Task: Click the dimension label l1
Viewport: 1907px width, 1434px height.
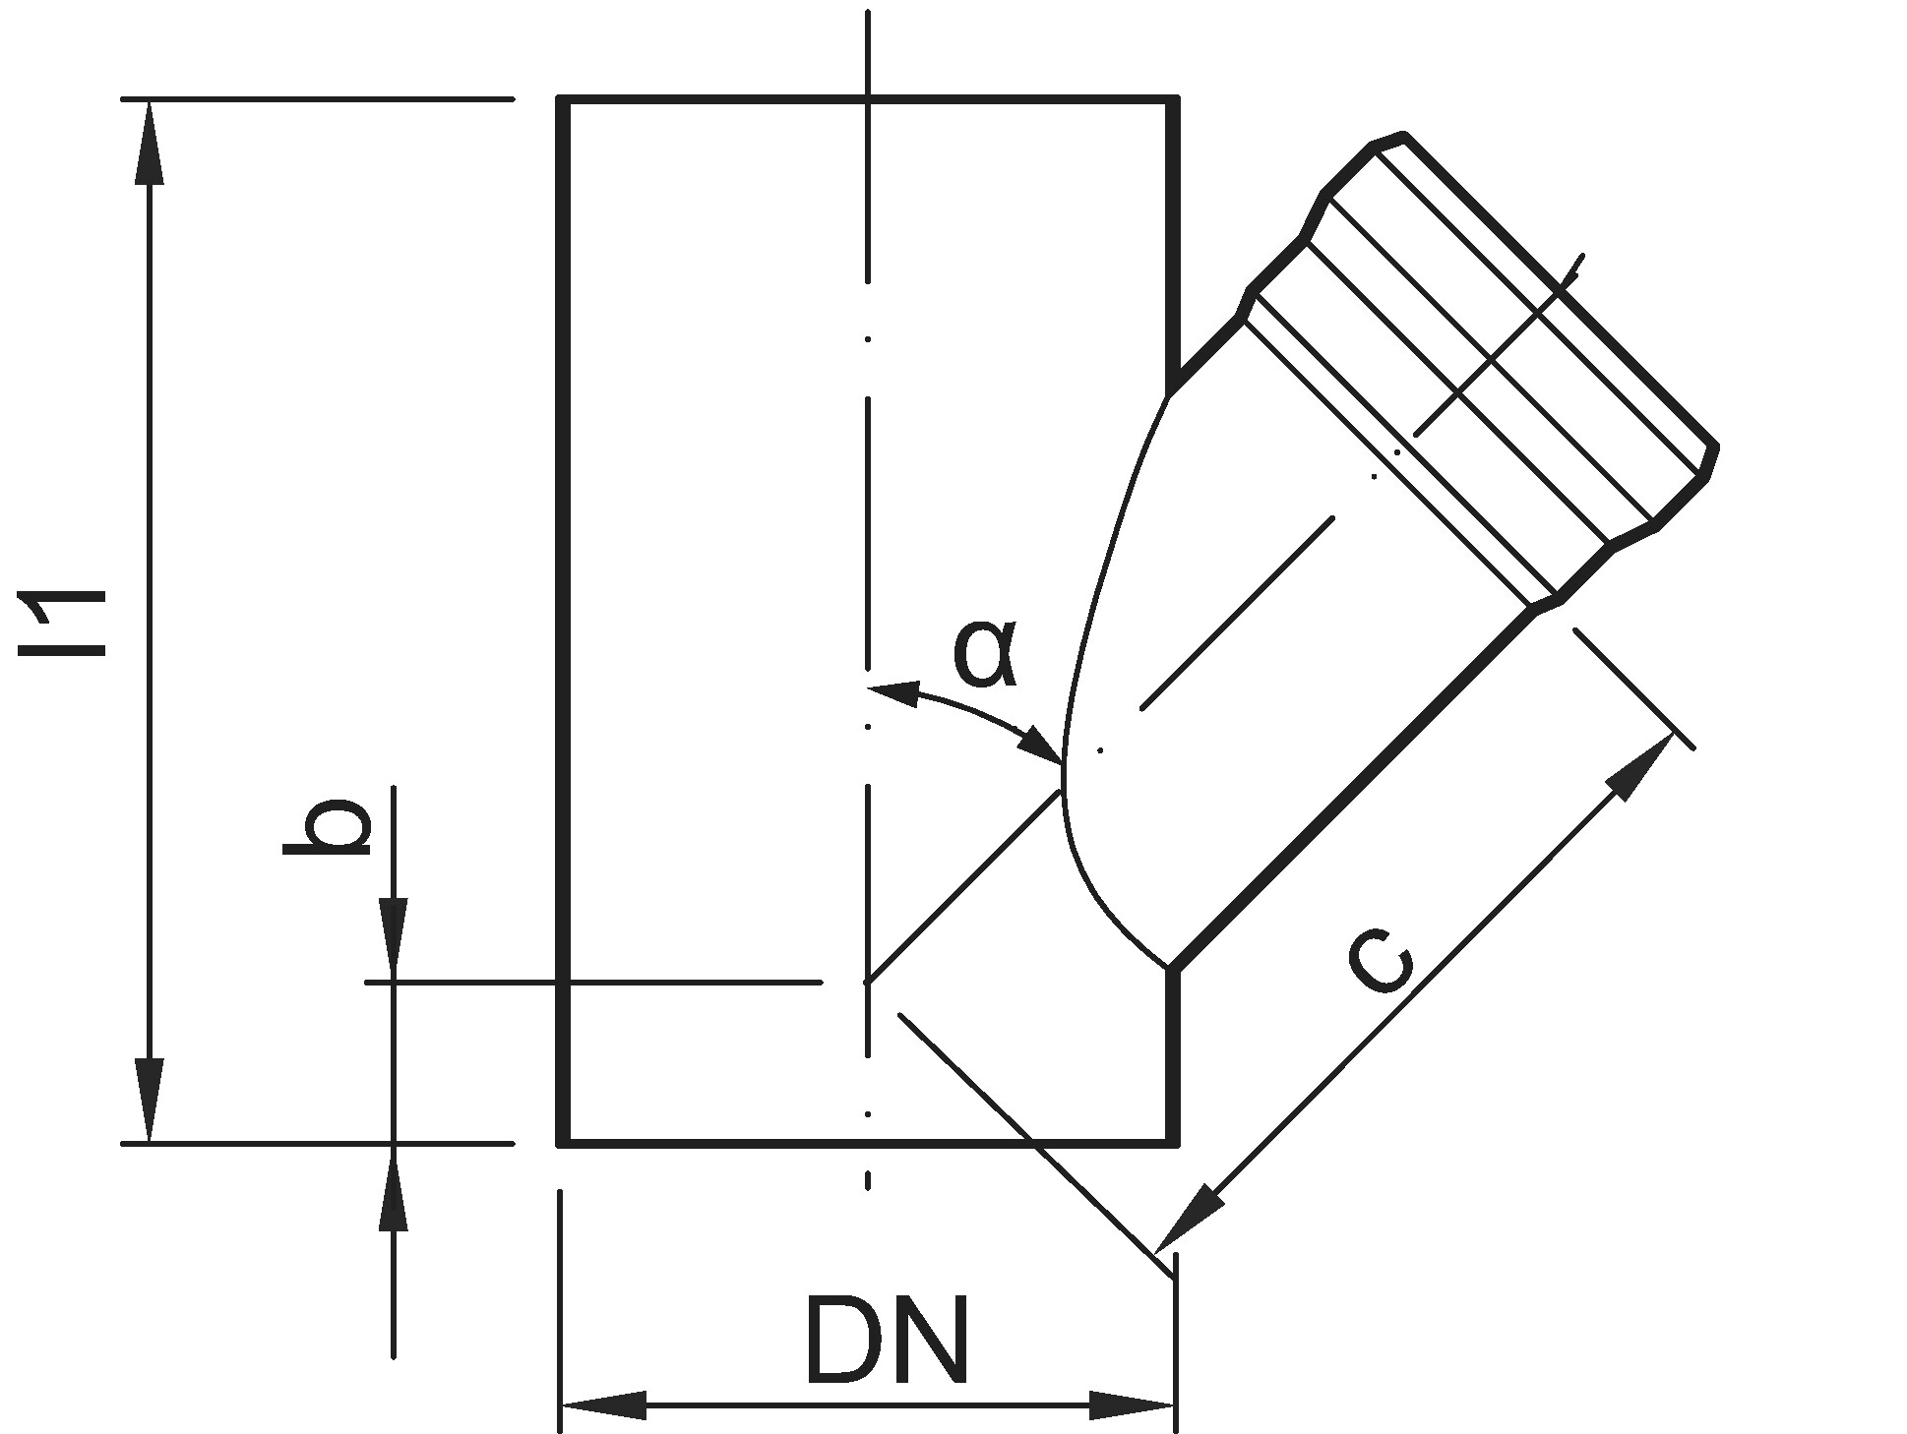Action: (65, 623)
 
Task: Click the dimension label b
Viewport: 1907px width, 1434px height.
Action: (329, 826)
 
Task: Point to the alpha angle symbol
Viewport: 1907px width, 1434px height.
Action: (984, 653)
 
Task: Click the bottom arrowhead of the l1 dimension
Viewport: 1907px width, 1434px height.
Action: (150, 1102)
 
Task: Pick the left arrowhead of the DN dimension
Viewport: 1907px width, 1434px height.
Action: (602, 1404)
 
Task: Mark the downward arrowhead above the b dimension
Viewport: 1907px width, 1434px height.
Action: (394, 939)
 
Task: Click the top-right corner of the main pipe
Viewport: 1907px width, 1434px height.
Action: (1174, 100)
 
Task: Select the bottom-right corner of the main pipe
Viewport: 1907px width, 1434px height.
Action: (1174, 1142)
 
